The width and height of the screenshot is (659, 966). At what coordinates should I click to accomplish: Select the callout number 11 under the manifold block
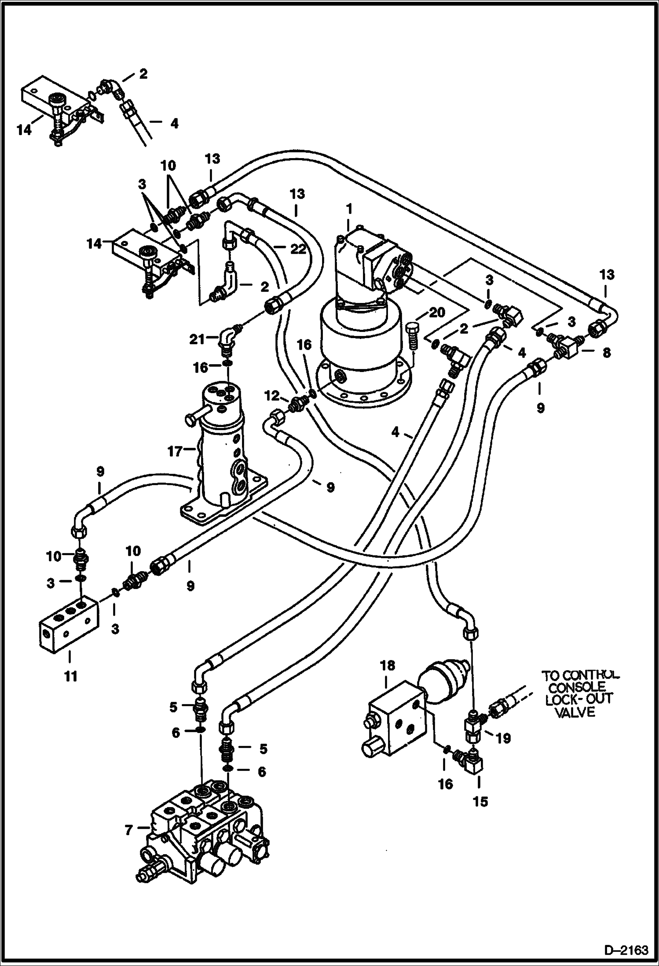coord(70,676)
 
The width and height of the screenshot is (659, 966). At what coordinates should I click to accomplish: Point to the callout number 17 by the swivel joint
coord(175,452)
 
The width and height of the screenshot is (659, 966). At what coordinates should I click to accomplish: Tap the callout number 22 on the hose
coord(298,250)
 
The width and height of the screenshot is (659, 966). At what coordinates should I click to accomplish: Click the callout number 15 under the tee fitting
coord(480,801)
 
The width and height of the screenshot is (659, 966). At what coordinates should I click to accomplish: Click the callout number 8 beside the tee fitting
coord(606,352)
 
